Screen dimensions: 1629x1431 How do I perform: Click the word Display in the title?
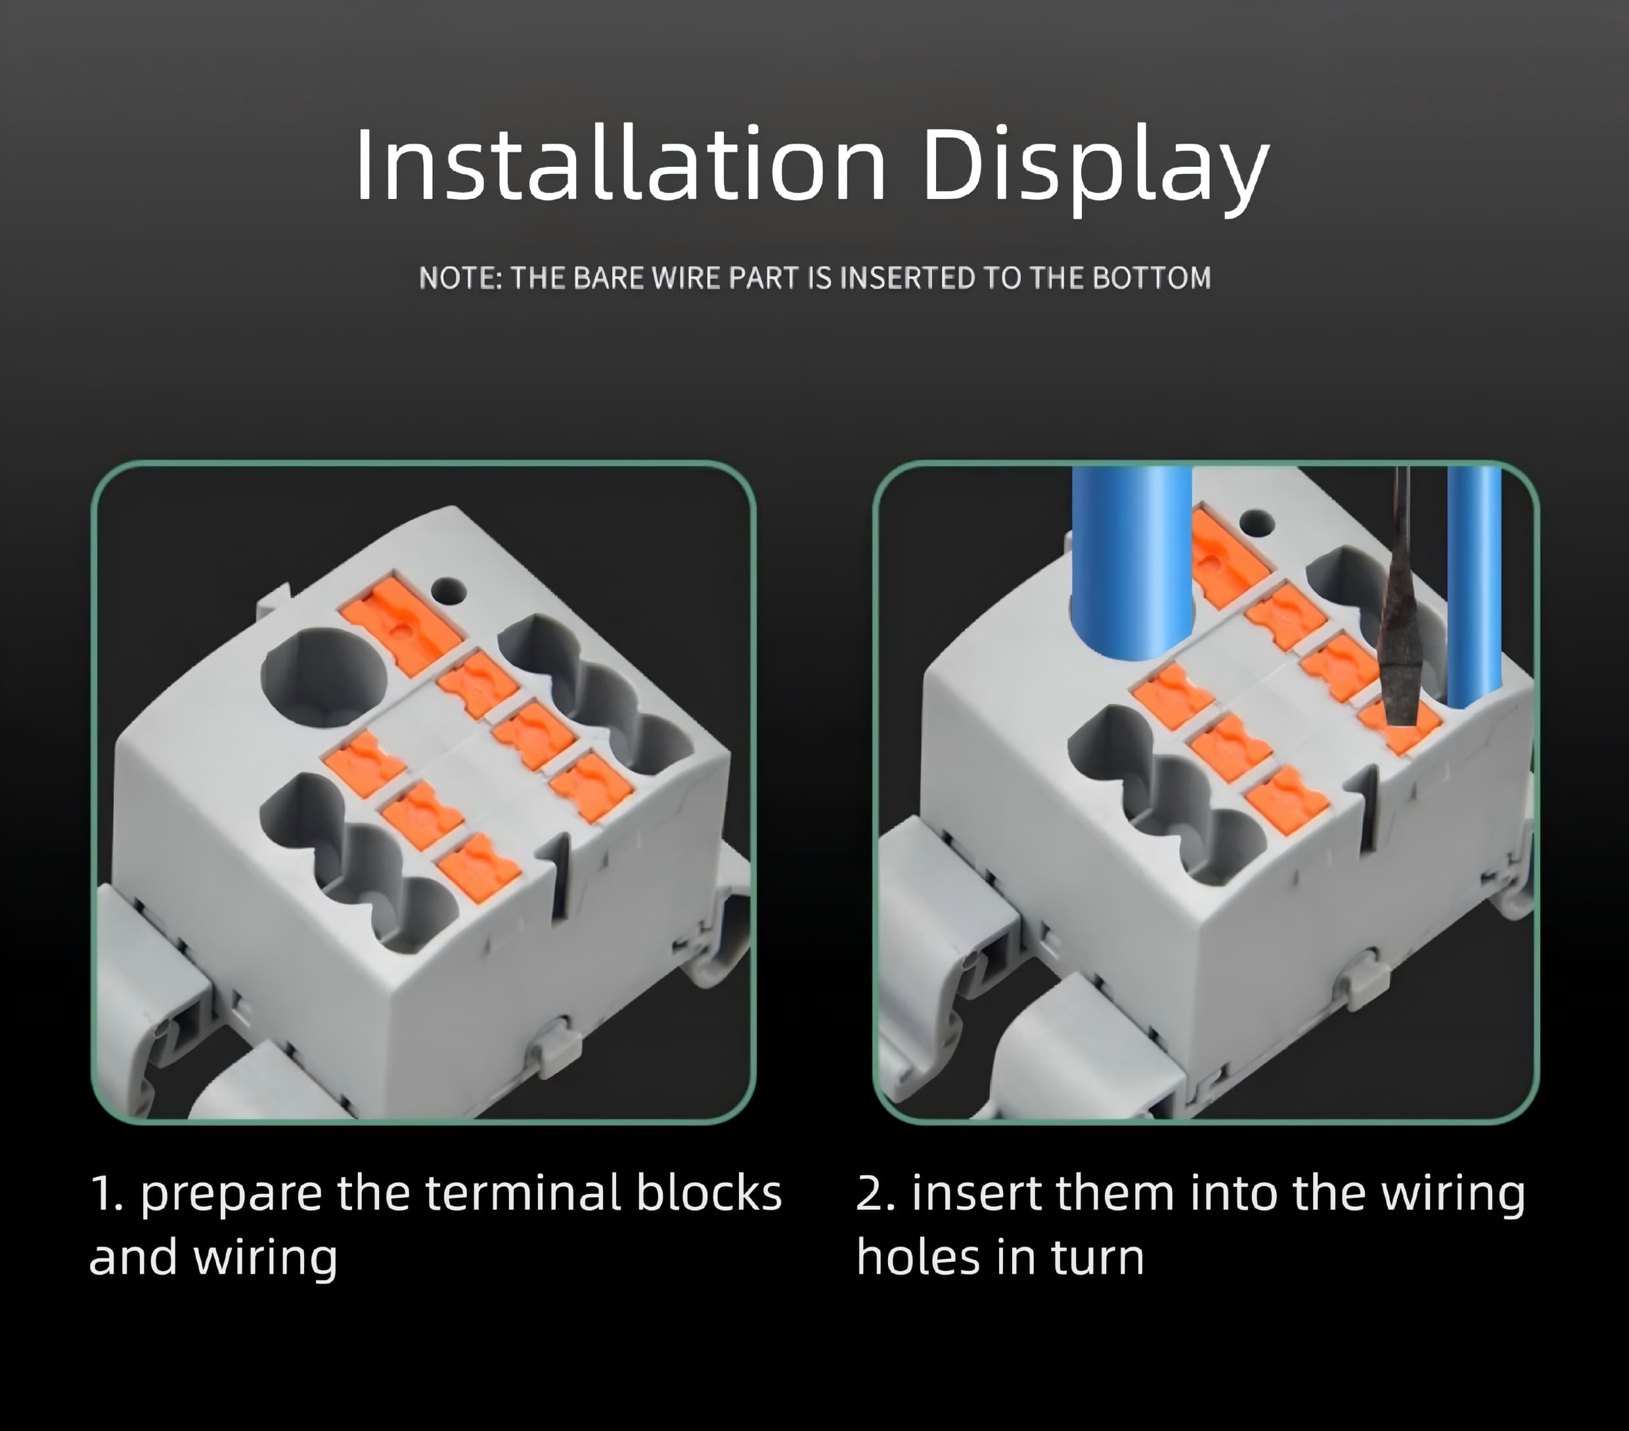coord(1095,169)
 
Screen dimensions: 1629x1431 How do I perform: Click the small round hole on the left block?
coord(448,591)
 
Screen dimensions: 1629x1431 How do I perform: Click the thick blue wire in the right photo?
coord(1132,561)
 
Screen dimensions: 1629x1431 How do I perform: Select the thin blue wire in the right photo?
coord(1475,586)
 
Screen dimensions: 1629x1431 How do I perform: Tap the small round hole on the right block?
coord(1257,523)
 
